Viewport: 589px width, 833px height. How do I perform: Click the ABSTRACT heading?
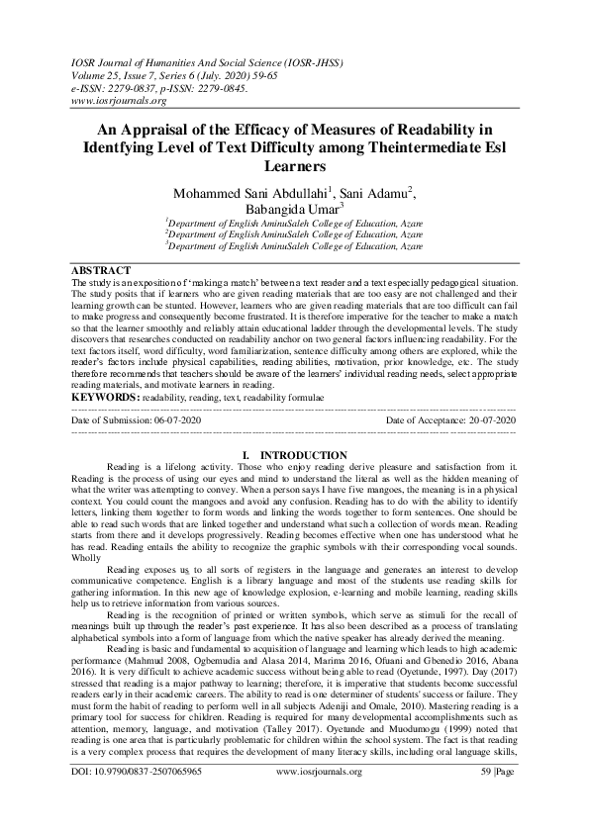[102, 271]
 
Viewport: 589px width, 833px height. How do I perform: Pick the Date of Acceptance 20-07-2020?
[451, 420]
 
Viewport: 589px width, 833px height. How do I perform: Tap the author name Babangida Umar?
[292, 210]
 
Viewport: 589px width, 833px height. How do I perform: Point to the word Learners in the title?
[295, 166]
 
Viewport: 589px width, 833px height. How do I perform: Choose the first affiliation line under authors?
[295, 225]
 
